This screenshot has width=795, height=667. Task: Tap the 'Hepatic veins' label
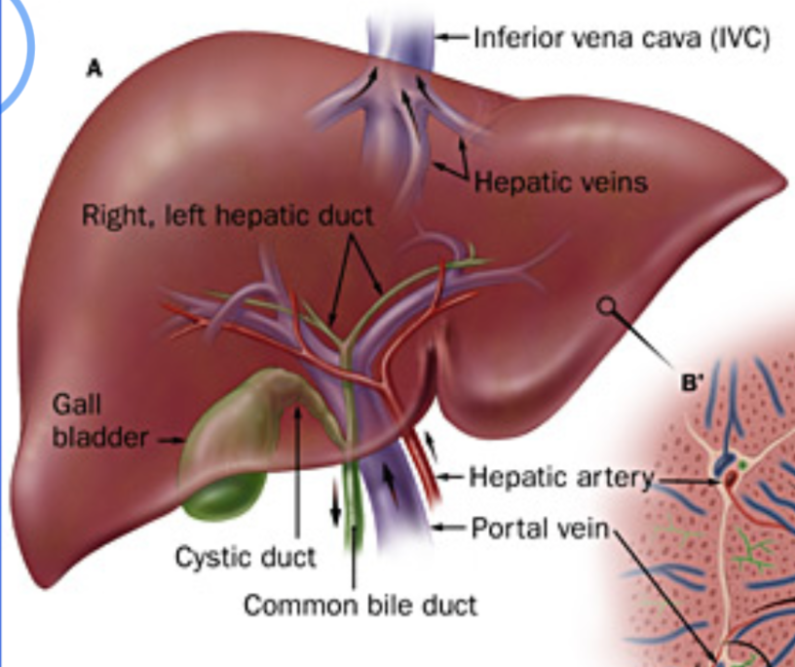click(560, 181)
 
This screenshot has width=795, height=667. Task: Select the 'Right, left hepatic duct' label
click(227, 216)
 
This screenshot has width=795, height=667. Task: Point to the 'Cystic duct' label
click(246, 557)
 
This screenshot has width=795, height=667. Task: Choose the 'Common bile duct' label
click(360, 606)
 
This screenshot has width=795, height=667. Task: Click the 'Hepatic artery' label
click(560, 477)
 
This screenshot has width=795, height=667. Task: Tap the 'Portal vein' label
click(539, 528)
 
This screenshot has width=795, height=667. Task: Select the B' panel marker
click(691, 383)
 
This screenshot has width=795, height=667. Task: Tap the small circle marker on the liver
click(607, 306)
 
